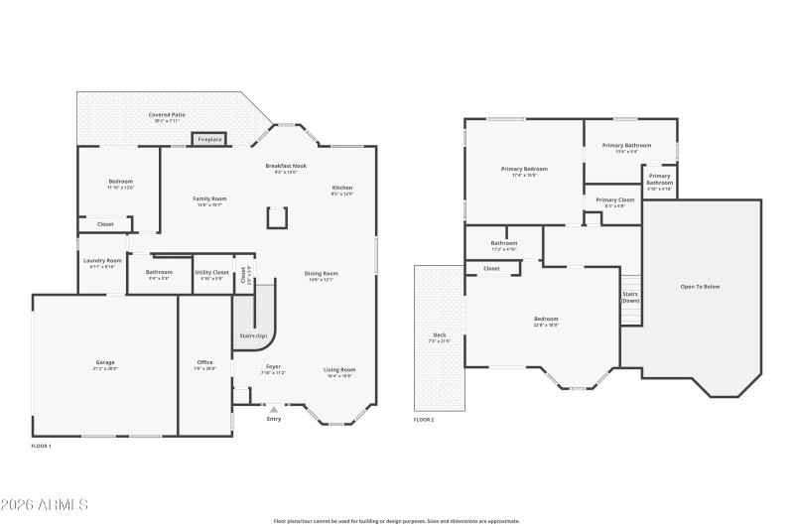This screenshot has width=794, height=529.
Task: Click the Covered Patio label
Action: point(167,115)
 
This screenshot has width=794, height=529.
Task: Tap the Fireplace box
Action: point(209,140)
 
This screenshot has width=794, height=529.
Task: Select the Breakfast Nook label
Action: point(286,166)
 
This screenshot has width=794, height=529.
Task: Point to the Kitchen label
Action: point(341,188)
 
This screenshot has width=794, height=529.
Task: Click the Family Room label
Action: point(209,198)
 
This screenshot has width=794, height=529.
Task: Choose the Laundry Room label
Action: point(102,261)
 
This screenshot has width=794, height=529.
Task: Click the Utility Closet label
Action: point(211,272)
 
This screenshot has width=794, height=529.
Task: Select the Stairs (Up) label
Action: point(253,335)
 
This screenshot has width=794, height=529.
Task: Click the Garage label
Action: point(105,362)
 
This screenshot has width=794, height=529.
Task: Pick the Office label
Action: point(205,362)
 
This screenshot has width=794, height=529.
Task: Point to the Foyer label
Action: point(272,367)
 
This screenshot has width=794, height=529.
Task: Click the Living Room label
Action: point(339,370)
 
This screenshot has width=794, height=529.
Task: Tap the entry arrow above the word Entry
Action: point(274,408)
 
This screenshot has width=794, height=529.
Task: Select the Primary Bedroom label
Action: point(524,169)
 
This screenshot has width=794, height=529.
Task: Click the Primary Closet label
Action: point(614,199)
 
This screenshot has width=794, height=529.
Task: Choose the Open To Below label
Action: point(700,287)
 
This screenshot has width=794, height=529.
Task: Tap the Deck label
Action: point(439,334)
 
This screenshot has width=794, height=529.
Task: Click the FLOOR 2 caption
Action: point(424,420)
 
